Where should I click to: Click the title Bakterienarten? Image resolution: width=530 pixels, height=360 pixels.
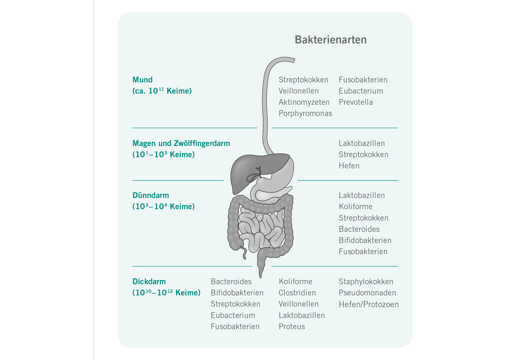330,40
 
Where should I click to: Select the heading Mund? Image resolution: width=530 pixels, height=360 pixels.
142,80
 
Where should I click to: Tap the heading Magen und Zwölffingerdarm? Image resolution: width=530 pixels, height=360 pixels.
181,143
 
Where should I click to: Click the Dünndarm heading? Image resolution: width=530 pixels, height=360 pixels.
151,195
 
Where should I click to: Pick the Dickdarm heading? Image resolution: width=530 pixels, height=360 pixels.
149,282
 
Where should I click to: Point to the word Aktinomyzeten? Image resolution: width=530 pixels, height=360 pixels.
304,102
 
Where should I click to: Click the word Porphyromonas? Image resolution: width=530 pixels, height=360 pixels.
305,114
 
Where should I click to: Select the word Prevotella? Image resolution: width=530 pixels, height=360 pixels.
356,102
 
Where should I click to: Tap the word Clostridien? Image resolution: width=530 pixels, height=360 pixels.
297,293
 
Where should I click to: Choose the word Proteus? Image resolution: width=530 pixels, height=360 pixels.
292,327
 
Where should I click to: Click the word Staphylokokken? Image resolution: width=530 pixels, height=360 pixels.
366,282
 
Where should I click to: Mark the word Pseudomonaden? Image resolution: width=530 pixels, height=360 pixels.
367,293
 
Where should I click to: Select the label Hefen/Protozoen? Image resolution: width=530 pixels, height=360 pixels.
369,304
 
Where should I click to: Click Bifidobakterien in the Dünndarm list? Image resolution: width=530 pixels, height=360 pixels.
365,240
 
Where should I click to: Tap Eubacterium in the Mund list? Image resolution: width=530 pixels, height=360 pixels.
361,91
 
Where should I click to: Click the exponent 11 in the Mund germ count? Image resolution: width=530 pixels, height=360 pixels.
161,88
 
